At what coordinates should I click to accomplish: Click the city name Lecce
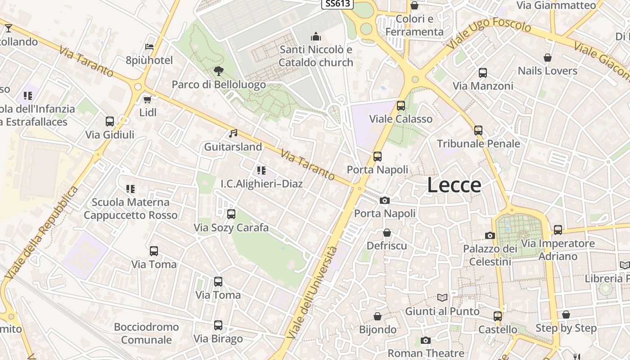point(454,185)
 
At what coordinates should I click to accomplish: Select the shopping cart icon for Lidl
point(147,99)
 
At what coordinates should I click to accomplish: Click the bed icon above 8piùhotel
point(149,46)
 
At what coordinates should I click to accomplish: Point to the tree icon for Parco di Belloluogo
point(219,71)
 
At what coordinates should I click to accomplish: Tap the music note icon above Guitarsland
point(233,133)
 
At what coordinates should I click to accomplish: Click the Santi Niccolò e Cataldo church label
point(316,56)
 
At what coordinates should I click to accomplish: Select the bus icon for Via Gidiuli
point(110,121)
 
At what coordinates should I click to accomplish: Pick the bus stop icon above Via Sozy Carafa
point(231,214)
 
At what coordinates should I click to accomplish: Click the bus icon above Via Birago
point(218,325)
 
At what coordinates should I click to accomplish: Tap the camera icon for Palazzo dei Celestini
point(490,235)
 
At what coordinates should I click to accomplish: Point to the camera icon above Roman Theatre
point(426,340)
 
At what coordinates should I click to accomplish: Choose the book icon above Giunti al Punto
point(443,297)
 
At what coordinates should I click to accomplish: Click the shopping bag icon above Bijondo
point(378,316)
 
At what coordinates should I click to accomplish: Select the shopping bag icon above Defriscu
point(387,233)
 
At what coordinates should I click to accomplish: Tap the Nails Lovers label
point(547,71)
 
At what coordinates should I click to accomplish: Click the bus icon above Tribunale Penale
point(478,130)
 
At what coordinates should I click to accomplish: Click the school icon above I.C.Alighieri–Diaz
point(261,170)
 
